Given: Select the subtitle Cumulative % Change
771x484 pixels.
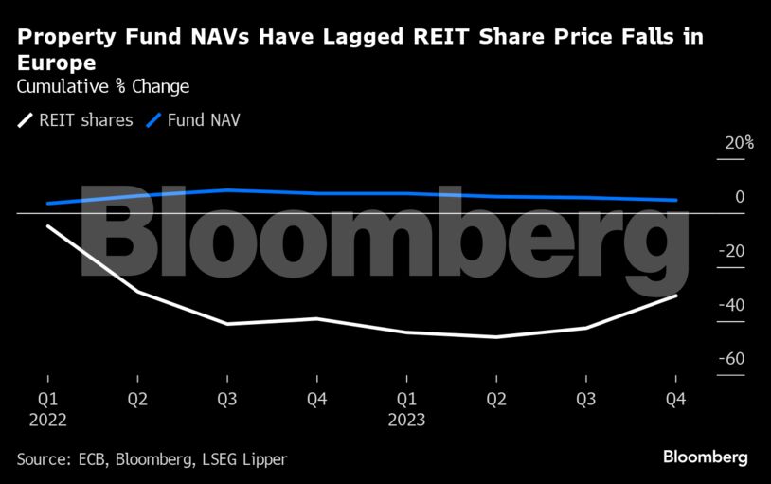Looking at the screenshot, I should (103, 87).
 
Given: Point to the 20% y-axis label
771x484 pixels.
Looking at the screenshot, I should (739, 143).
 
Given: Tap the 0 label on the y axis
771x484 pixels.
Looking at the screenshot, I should (740, 197).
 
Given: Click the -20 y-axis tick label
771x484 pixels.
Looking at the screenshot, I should (735, 251).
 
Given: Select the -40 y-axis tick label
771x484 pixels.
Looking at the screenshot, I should (735, 305).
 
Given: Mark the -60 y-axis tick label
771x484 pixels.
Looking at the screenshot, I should (735, 359).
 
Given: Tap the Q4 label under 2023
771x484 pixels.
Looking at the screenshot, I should (674, 400).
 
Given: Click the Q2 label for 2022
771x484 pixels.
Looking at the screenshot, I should (138, 400).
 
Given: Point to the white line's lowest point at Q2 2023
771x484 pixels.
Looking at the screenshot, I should (495, 336).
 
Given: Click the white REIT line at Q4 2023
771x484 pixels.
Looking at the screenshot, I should (675, 296).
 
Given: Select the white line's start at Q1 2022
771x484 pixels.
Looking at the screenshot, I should (48, 226).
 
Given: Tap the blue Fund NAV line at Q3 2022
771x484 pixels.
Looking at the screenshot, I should (227, 190).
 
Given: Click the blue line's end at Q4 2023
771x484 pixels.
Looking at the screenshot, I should (675, 200).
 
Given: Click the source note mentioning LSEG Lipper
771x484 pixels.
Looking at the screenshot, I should (152, 459).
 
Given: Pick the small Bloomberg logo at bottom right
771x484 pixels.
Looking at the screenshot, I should (705, 457).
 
